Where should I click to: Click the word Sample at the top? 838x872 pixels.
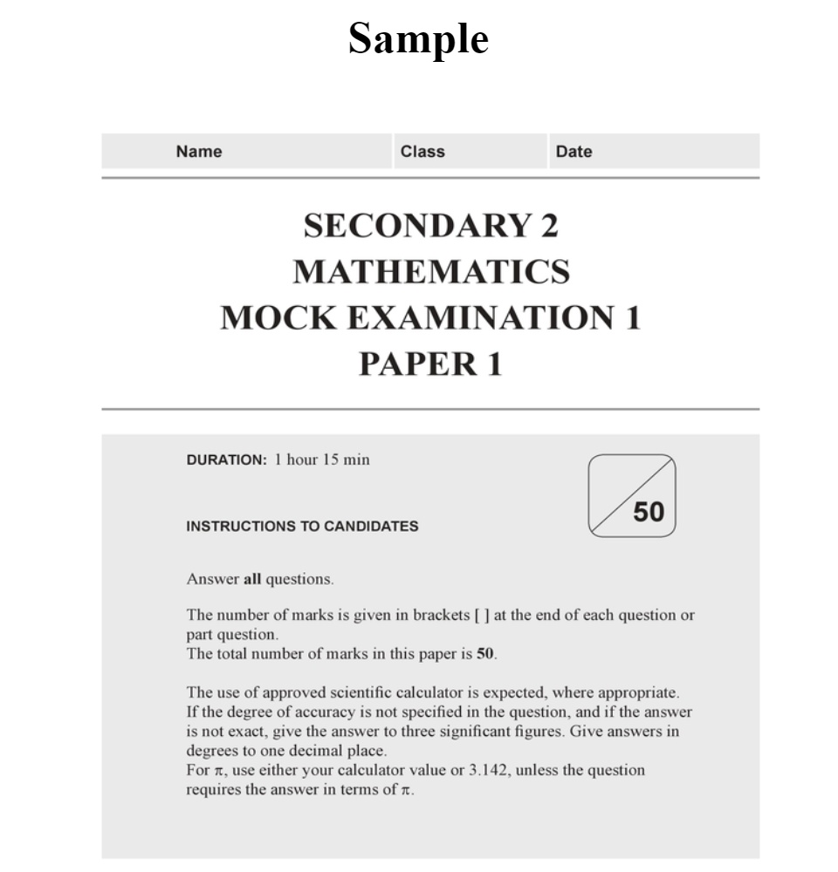tap(418, 39)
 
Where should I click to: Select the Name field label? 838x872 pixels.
tap(199, 152)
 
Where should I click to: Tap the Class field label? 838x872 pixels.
tap(422, 152)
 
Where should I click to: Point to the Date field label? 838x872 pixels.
tap(574, 152)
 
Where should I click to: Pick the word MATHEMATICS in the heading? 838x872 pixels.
tap(431, 272)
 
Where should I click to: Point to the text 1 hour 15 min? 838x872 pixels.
tap(322, 460)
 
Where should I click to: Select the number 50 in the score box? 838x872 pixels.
tap(649, 512)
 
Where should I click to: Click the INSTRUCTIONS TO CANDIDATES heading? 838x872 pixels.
tap(302, 527)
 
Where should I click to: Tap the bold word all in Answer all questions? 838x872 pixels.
tap(252, 579)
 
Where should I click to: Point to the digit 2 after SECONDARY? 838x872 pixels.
tap(548, 227)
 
